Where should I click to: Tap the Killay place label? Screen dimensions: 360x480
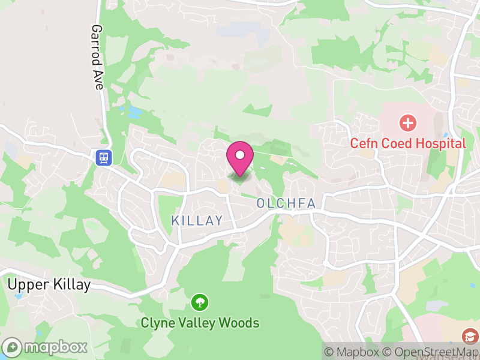(197, 221)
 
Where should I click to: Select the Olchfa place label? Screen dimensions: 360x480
(286, 203)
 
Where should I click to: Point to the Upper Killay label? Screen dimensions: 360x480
(49, 284)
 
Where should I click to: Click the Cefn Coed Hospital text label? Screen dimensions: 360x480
(408, 143)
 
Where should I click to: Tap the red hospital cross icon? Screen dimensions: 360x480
(408, 124)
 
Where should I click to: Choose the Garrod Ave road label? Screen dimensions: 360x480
(98, 57)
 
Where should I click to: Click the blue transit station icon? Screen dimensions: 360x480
(104, 157)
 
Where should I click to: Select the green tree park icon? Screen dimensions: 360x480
(199, 301)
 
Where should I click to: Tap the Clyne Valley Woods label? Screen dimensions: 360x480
(200, 323)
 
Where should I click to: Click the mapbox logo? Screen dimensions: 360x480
(45, 347)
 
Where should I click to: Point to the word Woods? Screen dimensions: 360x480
(238, 323)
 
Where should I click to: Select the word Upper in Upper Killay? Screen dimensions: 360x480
(27, 285)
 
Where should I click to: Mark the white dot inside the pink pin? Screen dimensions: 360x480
(240, 155)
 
